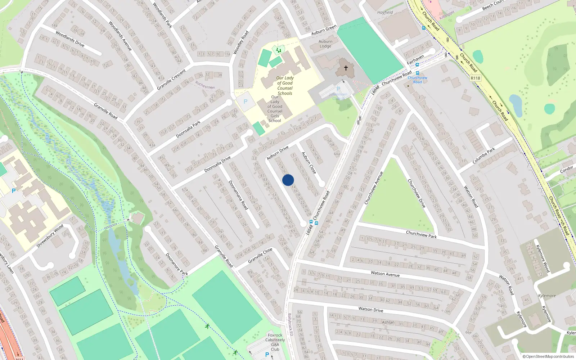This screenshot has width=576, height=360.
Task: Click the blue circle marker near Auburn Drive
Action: [x=288, y=180]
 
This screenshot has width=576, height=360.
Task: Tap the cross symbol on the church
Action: [x=346, y=68]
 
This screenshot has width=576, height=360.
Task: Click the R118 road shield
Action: [x=475, y=78]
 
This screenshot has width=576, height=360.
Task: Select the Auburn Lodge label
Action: [x=325, y=44]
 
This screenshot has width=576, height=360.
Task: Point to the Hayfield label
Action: [x=385, y=12]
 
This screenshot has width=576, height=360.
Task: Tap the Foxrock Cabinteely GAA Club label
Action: [x=275, y=342]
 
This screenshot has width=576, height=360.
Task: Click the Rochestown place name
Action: [x=205, y=85]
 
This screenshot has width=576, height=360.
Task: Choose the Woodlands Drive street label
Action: [x=70, y=39]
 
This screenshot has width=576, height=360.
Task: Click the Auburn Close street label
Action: [x=309, y=163]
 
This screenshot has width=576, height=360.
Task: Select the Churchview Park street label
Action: [x=421, y=234]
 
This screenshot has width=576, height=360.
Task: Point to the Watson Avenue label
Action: [x=385, y=274]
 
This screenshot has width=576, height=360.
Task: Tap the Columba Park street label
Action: [x=484, y=156]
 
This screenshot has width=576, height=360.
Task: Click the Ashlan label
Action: [x=388, y=322]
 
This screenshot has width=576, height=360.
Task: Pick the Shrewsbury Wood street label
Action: [x=50, y=236]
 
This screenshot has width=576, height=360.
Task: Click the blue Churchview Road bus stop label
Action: [x=418, y=80]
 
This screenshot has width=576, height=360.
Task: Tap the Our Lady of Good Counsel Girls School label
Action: [x=275, y=109]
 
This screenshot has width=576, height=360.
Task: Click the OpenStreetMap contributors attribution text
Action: [x=548, y=356]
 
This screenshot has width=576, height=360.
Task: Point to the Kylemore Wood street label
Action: [x=543, y=258]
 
